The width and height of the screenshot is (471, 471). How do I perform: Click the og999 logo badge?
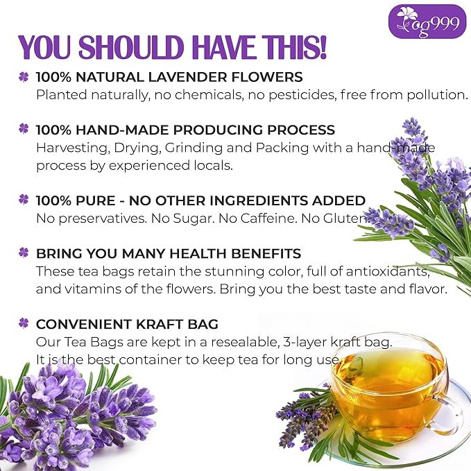pyautogui.click(x=427, y=21)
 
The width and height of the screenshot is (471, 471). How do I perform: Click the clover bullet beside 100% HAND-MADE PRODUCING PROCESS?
pyautogui.click(x=24, y=130)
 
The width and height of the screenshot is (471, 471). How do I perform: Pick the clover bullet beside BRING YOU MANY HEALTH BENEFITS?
pyautogui.click(x=24, y=253)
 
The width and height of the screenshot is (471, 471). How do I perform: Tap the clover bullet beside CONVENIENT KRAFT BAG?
pyautogui.click(x=24, y=324)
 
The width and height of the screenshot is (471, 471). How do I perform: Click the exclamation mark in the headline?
pyautogui.click(x=320, y=46)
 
